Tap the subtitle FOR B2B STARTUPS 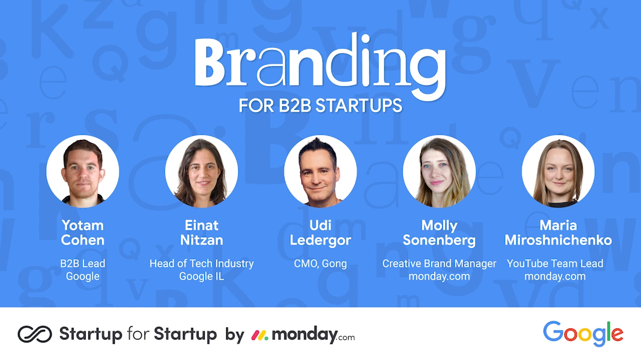320,105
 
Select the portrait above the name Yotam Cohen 83,171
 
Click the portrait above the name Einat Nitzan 202,171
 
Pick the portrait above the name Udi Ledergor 320,171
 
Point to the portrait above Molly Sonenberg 439,171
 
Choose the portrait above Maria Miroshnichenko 558,171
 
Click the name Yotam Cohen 83,233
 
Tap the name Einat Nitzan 202,233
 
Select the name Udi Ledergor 320,233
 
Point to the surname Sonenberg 439,240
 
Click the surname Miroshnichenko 558,240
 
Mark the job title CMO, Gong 320,264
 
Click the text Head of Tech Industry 202,264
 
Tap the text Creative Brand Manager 439,264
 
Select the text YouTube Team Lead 555,264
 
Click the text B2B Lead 83,264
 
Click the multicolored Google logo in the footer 583,333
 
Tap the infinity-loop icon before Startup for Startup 35,334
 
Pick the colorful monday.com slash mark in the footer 260,335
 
